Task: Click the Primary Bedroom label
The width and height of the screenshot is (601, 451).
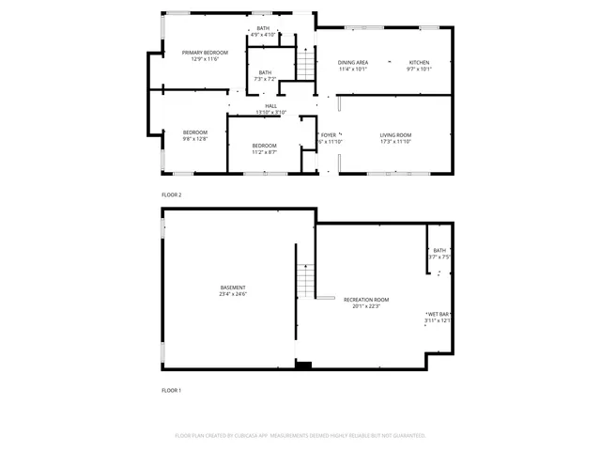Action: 205,53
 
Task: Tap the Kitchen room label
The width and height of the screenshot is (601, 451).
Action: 418,63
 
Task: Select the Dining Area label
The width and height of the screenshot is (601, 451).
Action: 353,63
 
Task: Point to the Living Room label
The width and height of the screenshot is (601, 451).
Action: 395,135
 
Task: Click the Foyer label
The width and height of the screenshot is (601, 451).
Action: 328,135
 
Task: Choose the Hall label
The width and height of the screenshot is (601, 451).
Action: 270,106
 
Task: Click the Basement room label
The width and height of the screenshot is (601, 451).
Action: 233,288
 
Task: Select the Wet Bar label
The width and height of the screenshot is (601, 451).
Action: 438,314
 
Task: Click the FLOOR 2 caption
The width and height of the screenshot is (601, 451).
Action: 171,194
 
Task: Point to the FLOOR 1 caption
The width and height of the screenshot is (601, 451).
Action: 171,390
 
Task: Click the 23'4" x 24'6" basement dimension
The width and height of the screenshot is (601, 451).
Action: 233,294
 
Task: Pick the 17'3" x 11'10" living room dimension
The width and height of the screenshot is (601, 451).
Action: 395,142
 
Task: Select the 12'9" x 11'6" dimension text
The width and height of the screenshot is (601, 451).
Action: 205,59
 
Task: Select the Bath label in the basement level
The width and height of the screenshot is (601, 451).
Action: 439,250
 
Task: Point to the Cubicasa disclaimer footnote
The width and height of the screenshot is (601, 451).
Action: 300,436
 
